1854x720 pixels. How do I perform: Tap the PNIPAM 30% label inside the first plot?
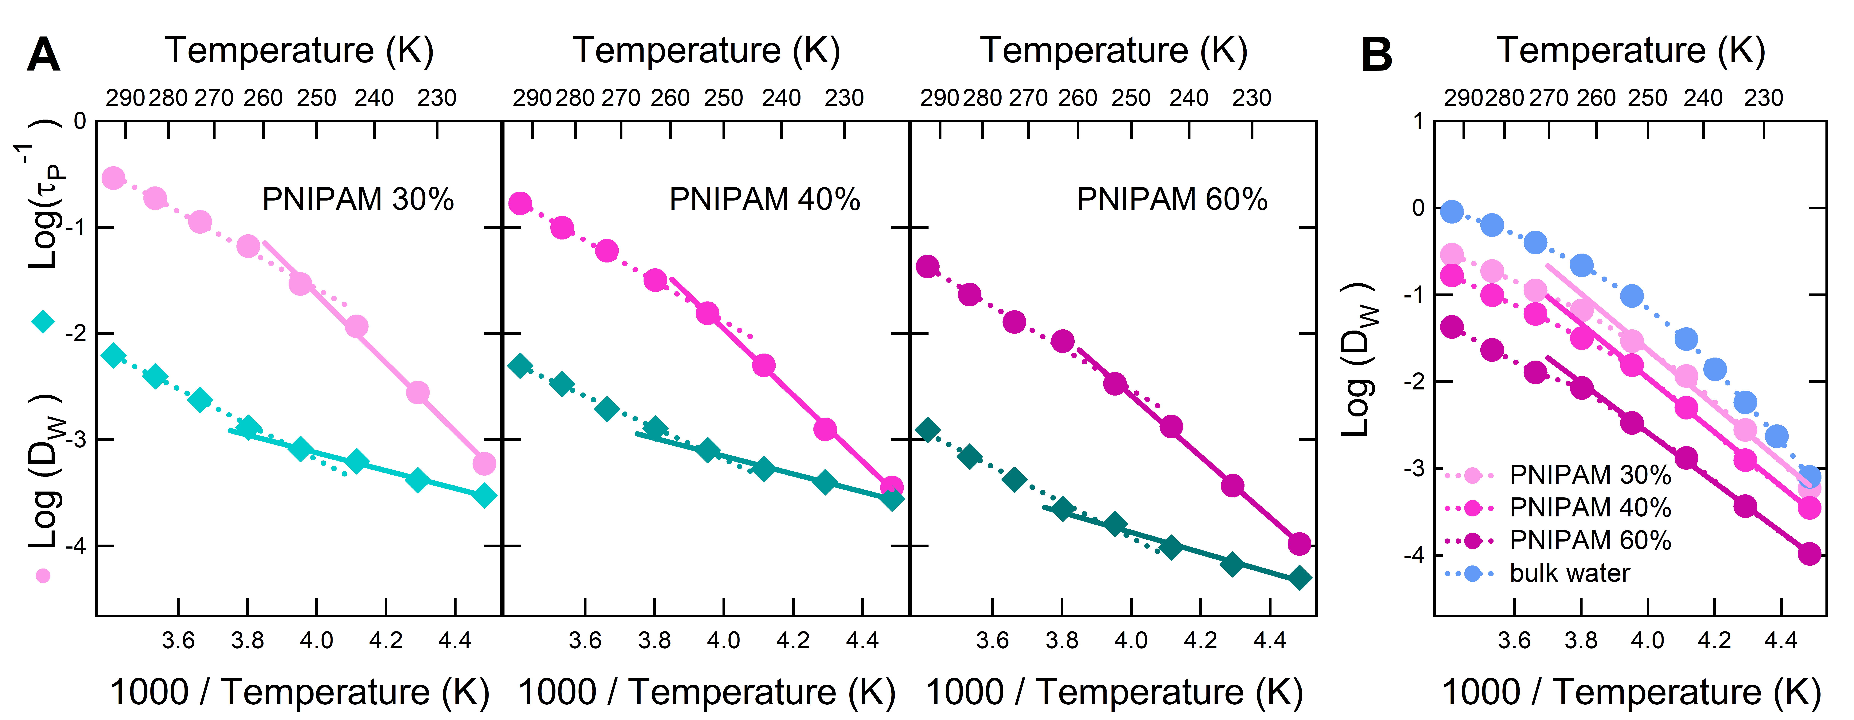358,199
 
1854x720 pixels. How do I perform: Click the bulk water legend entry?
1569,573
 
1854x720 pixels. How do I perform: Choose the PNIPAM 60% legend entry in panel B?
1589,540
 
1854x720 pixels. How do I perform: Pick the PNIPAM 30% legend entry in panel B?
1589,475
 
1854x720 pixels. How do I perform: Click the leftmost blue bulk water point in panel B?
1452,212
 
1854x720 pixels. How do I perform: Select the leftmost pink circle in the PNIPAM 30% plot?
113,178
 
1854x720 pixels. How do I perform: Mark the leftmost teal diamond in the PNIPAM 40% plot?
520,365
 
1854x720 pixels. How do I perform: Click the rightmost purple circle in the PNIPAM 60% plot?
1299,544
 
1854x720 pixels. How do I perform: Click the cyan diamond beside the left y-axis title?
43,322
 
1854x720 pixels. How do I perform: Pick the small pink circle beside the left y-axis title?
43,575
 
